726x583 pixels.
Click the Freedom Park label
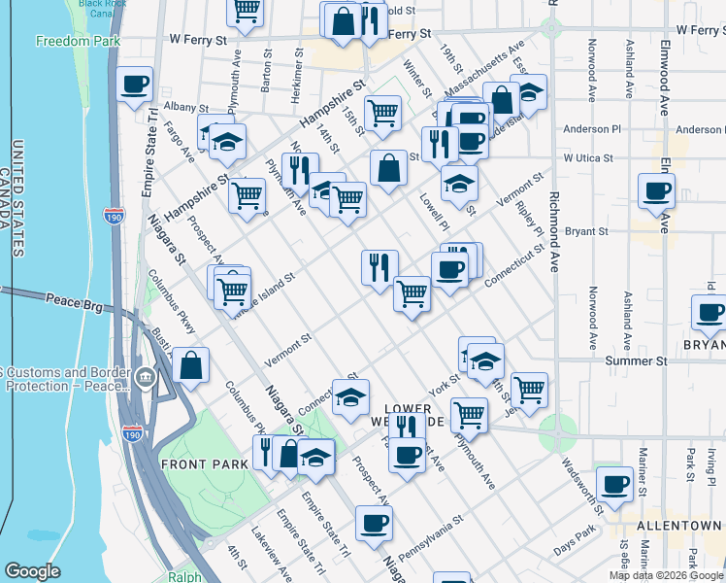click(x=78, y=41)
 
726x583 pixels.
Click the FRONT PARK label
click(x=205, y=464)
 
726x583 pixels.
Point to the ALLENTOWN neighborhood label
click(x=678, y=525)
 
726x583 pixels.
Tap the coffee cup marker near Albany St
click(x=134, y=84)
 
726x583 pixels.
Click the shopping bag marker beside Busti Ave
click(x=191, y=367)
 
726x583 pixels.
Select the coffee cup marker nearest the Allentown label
click(x=613, y=483)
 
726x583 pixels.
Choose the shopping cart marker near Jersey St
click(x=529, y=390)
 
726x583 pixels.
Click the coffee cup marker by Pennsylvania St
click(x=373, y=524)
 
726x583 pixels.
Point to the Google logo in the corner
click(x=32, y=571)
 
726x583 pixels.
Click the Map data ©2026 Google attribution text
click(x=666, y=575)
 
